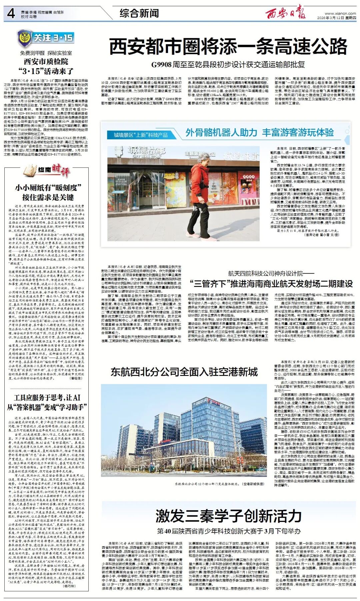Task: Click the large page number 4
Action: coord(11,13)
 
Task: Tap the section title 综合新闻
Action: coord(139,14)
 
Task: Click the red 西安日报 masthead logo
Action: coord(285,13)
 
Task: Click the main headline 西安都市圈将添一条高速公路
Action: coord(228,46)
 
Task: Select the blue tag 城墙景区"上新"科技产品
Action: coord(141,135)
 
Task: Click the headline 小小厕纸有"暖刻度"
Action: coord(48,188)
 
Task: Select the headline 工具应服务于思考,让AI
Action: coord(47,398)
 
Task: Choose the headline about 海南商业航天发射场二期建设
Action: coord(271,284)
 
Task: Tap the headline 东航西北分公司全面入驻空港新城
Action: coord(184,372)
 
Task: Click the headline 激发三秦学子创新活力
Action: coord(228,516)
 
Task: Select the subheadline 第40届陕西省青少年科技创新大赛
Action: coord(229,531)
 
